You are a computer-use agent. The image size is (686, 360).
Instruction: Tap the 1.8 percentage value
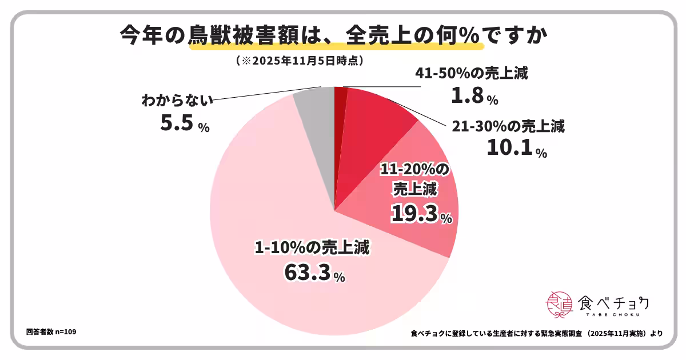pos(467,95)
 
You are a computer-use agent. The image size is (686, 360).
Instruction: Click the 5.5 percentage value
pos(177,123)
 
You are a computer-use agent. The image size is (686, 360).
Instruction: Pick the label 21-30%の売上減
pos(508,126)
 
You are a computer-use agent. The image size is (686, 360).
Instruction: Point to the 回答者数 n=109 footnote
pos(51,332)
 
